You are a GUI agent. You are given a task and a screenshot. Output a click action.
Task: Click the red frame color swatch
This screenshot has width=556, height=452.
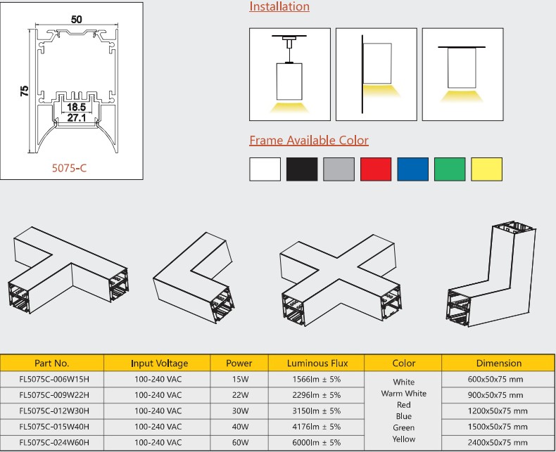tap(375, 169)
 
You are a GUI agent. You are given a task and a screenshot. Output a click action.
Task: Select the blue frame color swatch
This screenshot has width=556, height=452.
tap(412, 169)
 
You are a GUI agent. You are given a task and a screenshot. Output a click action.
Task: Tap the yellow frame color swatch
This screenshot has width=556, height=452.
tap(486, 169)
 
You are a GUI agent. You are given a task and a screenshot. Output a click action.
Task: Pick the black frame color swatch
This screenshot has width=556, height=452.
tap(303, 169)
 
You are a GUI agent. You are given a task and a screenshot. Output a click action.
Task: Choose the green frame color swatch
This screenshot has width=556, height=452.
tap(449, 169)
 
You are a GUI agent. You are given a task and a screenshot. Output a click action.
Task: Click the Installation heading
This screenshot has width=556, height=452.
tap(279, 7)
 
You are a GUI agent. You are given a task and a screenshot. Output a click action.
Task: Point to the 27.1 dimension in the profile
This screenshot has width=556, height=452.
tap(76, 119)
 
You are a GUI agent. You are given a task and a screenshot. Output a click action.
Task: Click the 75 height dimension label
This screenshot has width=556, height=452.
tap(24, 91)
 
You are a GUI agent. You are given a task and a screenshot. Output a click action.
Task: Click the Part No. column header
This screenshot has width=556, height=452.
tap(52, 363)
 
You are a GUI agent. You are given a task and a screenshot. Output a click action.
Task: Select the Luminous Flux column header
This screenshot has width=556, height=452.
tap(317, 363)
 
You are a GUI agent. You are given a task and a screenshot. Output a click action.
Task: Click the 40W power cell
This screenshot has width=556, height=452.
tap(239, 426)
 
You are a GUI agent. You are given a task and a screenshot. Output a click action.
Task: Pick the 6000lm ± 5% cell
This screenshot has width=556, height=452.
tap(317, 441)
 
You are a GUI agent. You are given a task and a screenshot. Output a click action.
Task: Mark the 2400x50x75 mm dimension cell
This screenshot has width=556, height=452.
tap(499, 441)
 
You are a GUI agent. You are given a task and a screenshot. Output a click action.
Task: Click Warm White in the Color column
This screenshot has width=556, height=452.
tap(404, 394)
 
